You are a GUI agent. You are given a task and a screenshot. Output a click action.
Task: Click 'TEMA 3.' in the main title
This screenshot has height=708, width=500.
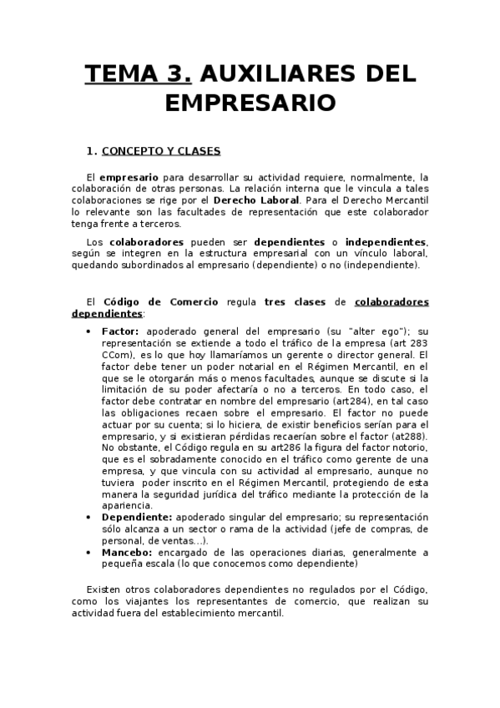click(x=139, y=73)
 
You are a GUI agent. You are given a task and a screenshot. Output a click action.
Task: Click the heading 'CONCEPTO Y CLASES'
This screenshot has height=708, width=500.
click(x=160, y=151)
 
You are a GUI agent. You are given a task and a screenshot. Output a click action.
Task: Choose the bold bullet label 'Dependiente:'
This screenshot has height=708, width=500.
click(x=135, y=518)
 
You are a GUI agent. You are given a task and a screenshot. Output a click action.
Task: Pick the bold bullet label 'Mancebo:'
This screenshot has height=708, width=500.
click(x=126, y=552)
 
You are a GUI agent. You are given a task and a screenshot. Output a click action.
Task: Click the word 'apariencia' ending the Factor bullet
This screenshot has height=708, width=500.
click(x=125, y=505)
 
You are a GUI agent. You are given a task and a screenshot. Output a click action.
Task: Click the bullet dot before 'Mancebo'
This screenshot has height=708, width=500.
click(x=90, y=552)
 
